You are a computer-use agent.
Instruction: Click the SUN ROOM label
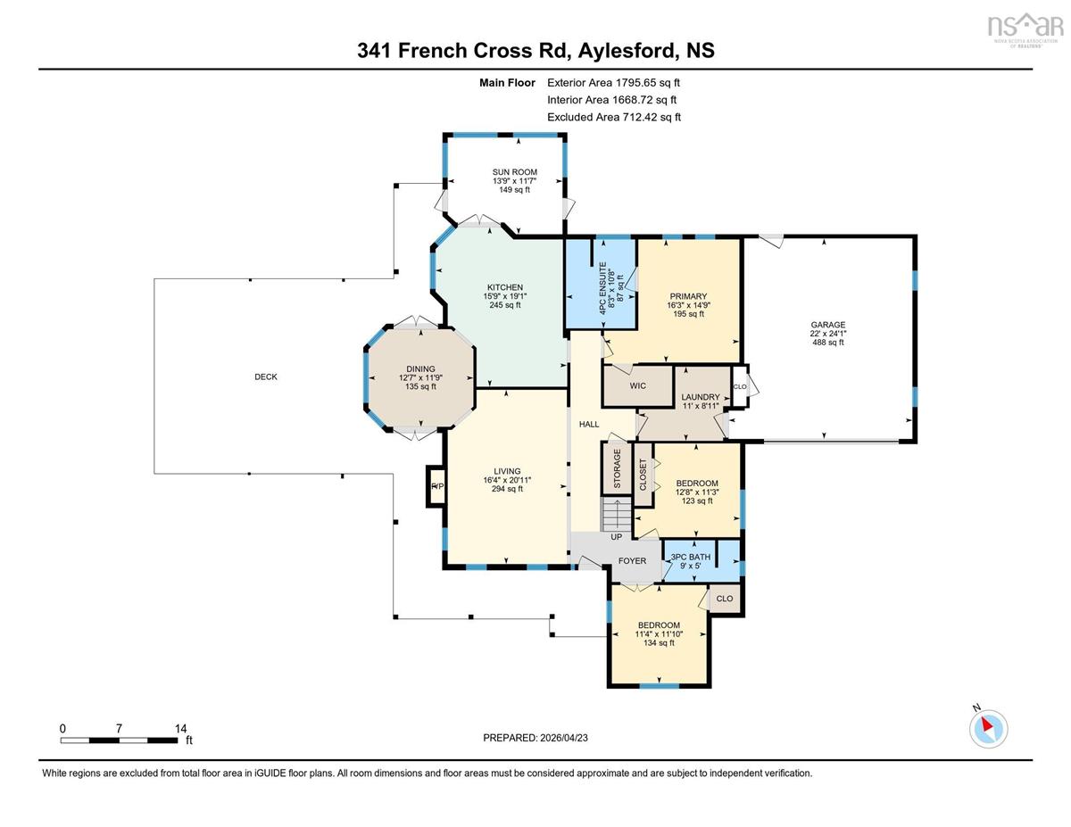pyautogui.click(x=515, y=172)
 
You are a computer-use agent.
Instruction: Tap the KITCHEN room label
pyautogui.click(x=505, y=287)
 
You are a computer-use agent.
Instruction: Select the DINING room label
pyautogui.click(x=420, y=369)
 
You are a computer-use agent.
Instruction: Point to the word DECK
pyautogui.click(x=266, y=376)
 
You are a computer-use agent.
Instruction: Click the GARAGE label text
pyautogui.click(x=828, y=325)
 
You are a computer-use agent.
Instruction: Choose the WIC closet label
pyautogui.click(x=638, y=385)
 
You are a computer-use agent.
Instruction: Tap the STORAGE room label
pyautogui.click(x=617, y=468)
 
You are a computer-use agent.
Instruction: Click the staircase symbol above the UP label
pyautogui.click(x=616, y=514)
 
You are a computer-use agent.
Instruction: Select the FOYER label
pyautogui.click(x=633, y=561)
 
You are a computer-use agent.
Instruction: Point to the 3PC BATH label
pyautogui.click(x=691, y=557)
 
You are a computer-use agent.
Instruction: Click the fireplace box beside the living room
pyautogui.click(x=436, y=486)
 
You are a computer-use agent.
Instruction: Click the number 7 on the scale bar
pyautogui.click(x=119, y=729)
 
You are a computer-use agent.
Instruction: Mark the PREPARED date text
pyautogui.click(x=535, y=738)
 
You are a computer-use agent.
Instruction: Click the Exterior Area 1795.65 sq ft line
pyautogui.click(x=614, y=83)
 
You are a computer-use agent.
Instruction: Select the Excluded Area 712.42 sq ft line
pyautogui.click(x=614, y=117)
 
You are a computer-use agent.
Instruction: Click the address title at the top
pyautogui.click(x=535, y=51)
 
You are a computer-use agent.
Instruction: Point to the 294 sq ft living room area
pyautogui.click(x=507, y=489)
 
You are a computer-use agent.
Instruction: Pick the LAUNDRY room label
pyautogui.click(x=701, y=397)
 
